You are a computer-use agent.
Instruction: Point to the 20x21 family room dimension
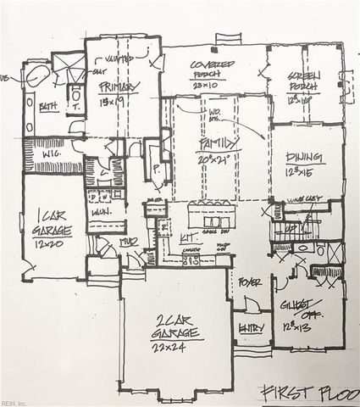[x=216, y=159]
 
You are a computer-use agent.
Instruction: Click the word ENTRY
[x=253, y=327]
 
